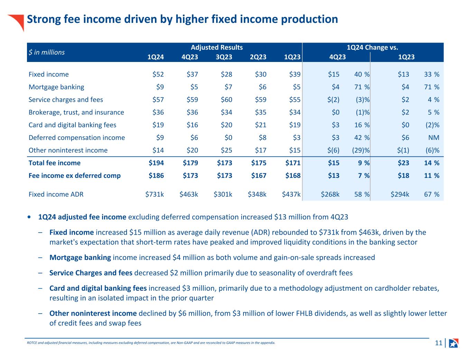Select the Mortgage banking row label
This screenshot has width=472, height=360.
point(56,87)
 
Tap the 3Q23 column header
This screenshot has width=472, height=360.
point(224,57)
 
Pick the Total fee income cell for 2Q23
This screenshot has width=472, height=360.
point(258,163)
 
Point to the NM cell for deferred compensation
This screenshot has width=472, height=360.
point(433,137)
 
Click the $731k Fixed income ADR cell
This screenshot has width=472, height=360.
point(155,194)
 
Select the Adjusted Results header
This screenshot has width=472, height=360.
point(216,47)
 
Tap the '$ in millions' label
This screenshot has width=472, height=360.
point(46,52)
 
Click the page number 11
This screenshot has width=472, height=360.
point(438,343)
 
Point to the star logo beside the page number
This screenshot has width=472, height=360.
point(453,343)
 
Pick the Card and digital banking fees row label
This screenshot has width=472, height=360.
point(72,125)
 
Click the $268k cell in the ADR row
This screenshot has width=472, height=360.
point(330,194)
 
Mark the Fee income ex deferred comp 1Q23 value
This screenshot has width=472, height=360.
point(293,175)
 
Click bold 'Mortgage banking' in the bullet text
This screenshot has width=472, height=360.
point(80,257)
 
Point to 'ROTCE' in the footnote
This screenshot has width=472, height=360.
point(31,343)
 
